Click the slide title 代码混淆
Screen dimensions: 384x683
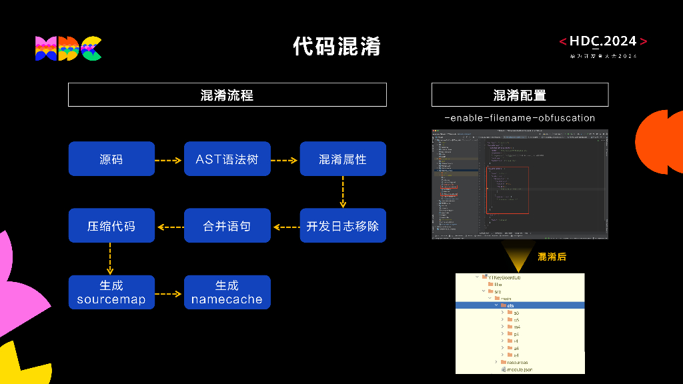click(x=336, y=46)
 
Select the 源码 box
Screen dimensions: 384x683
click(x=111, y=159)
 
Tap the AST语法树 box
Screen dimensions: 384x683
click(x=227, y=159)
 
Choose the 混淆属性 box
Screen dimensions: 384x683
click(x=342, y=159)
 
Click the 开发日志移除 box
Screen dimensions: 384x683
click(x=342, y=226)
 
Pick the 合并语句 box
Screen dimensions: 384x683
click(x=227, y=226)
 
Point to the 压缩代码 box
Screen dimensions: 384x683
click(x=111, y=226)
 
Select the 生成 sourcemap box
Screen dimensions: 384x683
click(x=111, y=293)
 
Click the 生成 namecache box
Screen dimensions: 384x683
click(x=227, y=293)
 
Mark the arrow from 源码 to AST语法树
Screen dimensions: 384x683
click(x=169, y=160)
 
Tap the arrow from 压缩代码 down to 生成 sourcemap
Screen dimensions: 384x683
click(x=111, y=259)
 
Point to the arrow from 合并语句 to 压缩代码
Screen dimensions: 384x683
click(x=169, y=227)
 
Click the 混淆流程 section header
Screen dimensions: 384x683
click(x=227, y=95)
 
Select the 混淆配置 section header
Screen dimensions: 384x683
click(x=520, y=95)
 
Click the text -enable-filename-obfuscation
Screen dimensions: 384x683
click(x=520, y=118)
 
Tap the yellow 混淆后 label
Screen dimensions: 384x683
click(x=552, y=257)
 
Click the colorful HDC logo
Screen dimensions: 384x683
click(x=68, y=48)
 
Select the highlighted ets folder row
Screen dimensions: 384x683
click(x=520, y=305)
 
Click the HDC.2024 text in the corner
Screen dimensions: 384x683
click(x=603, y=41)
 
